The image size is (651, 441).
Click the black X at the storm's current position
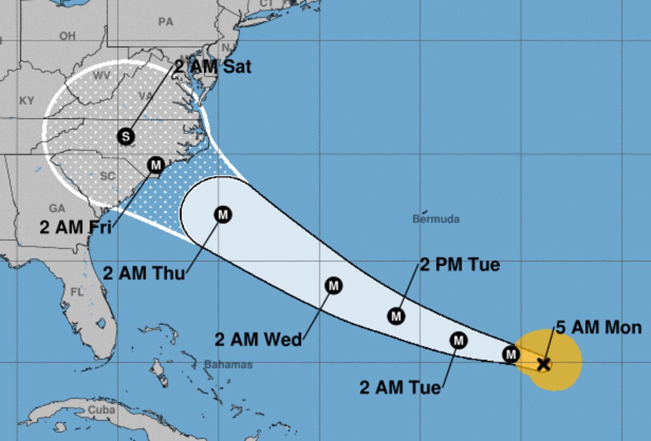544,364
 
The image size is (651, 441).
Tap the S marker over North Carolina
126,136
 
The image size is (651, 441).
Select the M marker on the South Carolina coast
156,164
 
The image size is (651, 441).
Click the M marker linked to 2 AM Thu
223,215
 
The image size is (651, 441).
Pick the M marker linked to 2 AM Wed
334,285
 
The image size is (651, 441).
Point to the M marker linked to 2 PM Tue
397,315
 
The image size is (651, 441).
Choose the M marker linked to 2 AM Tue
459,340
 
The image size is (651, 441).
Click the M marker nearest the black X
510,354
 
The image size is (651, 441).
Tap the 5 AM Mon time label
599,327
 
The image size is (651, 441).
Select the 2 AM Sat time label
213,67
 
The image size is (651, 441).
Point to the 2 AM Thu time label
144,272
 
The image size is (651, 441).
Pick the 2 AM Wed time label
258,340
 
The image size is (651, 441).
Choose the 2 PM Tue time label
460,265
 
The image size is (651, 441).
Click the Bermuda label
436,219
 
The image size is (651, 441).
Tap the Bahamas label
228,365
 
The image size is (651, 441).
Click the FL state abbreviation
77,292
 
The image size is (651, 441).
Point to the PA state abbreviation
165,22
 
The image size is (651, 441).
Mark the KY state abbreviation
27,101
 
